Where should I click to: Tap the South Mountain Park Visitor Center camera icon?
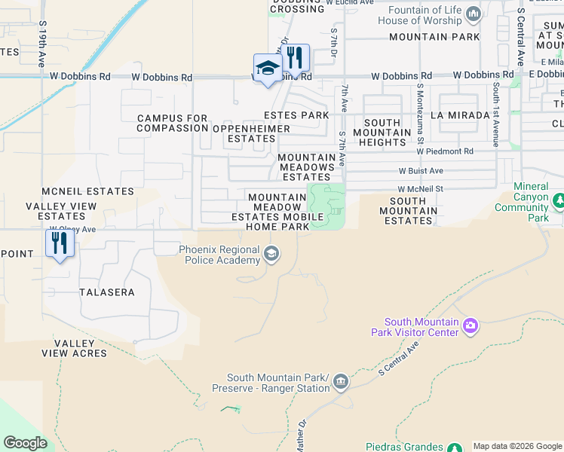point(471,325)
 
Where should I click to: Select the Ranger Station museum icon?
point(341,382)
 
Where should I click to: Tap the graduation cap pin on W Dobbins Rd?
point(267,69)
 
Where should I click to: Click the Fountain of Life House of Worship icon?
point(474,14)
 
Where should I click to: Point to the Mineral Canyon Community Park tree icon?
point(559,201)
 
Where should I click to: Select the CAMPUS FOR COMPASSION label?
point(172,124)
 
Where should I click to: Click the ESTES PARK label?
point(296,115)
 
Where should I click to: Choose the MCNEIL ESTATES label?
point(87,192)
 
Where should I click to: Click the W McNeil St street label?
point(420,190)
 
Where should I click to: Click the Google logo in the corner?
point(26,443)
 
